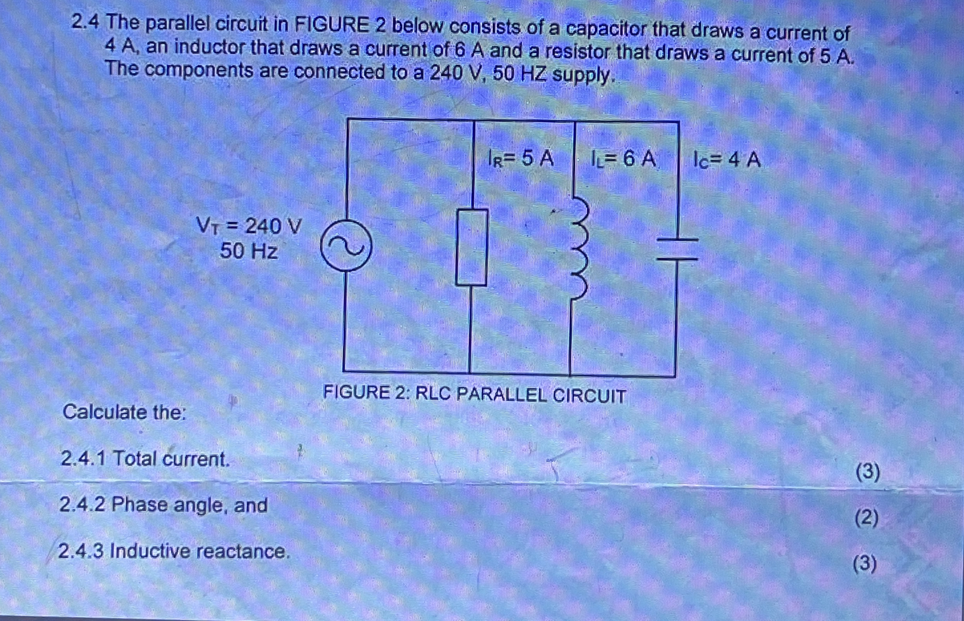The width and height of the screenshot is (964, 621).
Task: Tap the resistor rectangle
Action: coord(471,248)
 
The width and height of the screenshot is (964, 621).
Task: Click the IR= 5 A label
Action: coord(521,159)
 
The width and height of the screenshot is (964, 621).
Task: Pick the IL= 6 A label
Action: coord(623,159)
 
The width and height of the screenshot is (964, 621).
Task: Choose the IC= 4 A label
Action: coord(727,160)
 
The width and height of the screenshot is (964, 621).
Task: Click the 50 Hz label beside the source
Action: coord(249,251)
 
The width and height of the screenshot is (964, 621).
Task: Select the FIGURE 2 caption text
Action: coord(475,394)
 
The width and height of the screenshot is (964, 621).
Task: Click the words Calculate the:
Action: coord(125,412)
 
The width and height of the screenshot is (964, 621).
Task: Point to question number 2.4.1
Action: coord(83,458)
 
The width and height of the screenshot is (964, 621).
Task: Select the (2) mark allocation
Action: coord(867,518)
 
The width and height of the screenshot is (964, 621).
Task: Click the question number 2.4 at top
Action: coord(85,23)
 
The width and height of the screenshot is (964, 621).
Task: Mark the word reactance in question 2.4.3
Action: coord(242,551)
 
